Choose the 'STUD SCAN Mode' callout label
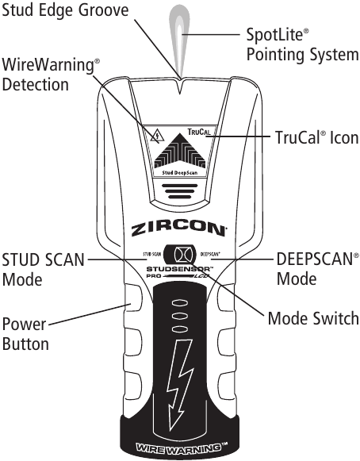(42, 269)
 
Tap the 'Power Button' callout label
(25, 334)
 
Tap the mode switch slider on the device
(180, 256)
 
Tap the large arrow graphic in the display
(179, 152)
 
